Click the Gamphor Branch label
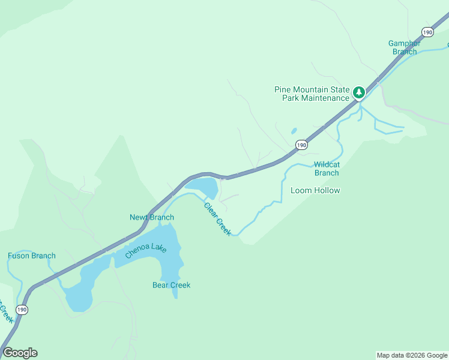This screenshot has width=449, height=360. point(402,47)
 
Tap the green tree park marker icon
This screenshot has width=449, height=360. point(359,92)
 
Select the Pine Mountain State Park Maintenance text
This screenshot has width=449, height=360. point(312,94)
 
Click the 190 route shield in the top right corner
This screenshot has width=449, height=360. point(427,32)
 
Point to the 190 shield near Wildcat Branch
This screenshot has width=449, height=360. point(301,145)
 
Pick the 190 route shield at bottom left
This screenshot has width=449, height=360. point(22,310)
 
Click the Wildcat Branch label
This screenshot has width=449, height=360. point(327,169)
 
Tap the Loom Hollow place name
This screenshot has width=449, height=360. point(315,191)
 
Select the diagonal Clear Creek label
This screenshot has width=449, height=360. point(217,219)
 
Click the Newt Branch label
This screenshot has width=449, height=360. point(152,217)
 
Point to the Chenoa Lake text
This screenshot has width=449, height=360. point(145,250)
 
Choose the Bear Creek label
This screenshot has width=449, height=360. point(171,285)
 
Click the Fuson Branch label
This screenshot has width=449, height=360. point(32,256)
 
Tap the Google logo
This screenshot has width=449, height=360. point(20,353)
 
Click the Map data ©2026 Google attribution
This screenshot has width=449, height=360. point(411,355)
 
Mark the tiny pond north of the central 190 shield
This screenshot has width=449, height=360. point(294,130)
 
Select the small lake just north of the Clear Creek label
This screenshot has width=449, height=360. point(204,186)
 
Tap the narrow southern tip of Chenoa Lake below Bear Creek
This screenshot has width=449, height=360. point(175,294)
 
